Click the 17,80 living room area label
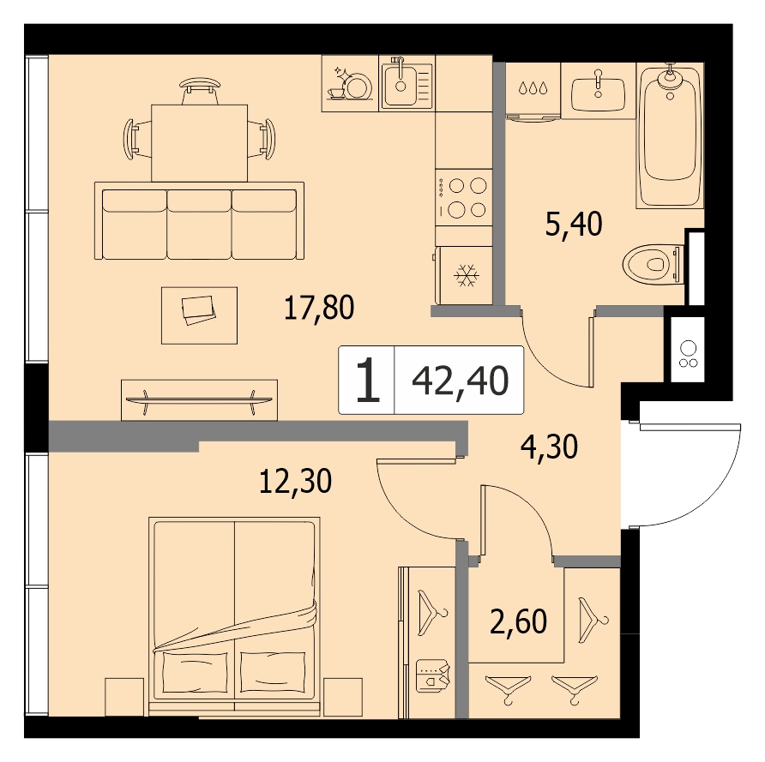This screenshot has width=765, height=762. click(319, 308)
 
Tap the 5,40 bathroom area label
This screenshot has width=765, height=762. click(574, 225)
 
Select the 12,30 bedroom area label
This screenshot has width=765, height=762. click(296, 481)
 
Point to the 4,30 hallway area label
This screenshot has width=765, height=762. click(550, 447)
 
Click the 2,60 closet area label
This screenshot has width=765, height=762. click(518, 621)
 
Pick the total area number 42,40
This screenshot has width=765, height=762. click(461, 381)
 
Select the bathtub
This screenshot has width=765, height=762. click(670, 135)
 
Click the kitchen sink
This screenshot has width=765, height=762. click(407, 83)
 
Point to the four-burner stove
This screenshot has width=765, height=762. click(464, 197)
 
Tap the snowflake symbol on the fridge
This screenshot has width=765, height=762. click(467, 275)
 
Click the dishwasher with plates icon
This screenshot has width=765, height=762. click(350, 83)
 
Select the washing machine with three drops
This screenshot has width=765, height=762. click(533, 91)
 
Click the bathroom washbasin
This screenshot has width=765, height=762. click(598, 91)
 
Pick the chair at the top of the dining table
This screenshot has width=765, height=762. click(200, 91)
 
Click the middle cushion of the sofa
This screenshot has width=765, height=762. click(199, 225)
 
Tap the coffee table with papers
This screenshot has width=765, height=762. click(199, 315)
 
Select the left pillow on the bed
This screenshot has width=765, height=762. click(195, 671)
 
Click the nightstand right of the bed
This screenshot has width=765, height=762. click(342, 697)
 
